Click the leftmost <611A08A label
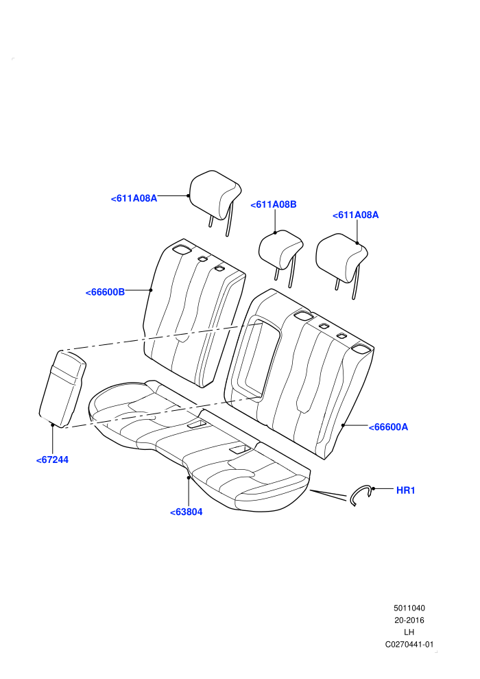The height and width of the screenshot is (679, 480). [x=134, y=199]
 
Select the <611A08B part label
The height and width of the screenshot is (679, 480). [x=274, y=205]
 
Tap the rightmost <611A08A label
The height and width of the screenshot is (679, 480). [x=355, y=215]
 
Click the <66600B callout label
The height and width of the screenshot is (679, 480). [x=105, y=292]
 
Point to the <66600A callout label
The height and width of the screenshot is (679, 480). [x=388, y=427]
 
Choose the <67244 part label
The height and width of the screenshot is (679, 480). [x=52, y=460]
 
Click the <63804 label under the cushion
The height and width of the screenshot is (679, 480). [x=187, y=512]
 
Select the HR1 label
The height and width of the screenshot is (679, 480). [x=405, y=490]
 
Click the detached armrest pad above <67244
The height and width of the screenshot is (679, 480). [x=63, y=389]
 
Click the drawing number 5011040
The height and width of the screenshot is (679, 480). [x=409, y=608]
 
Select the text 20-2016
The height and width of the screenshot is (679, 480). [x=409, y=620]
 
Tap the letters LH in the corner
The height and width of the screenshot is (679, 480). [x=409, y=632]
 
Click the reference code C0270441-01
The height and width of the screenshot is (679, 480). [x=409, y=644]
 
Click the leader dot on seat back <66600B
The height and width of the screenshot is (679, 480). [x=151, y=290]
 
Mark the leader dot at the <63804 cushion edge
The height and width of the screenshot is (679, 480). [x=189, y=477]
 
